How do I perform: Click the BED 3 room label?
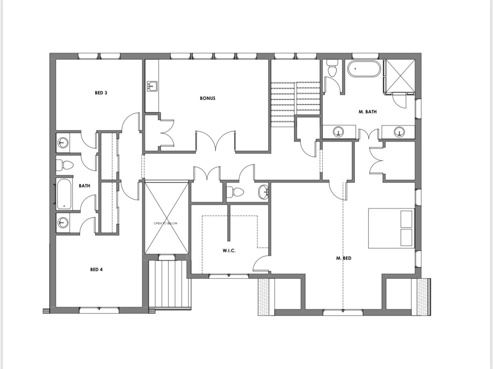click(101, 93)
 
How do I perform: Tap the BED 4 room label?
click(96, 269)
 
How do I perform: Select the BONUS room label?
click(207, 98)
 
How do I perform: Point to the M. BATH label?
click(367, 111)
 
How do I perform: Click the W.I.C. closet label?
click(229, 251)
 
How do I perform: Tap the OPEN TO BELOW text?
click(165, 223)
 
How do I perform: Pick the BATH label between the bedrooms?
click(84, 186)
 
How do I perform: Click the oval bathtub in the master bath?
click(364, 69)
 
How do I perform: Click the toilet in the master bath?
click(332, 68)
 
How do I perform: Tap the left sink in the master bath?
click(338, 131)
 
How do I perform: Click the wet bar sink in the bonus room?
click(152, 86)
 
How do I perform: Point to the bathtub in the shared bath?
click(64, 194)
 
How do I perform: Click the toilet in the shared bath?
click(64, 165)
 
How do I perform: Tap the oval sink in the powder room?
click(263, 192)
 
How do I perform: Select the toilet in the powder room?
click(235, 191)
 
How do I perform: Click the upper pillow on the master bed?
click(406, 218)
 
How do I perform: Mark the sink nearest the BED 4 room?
click(62, 223)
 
